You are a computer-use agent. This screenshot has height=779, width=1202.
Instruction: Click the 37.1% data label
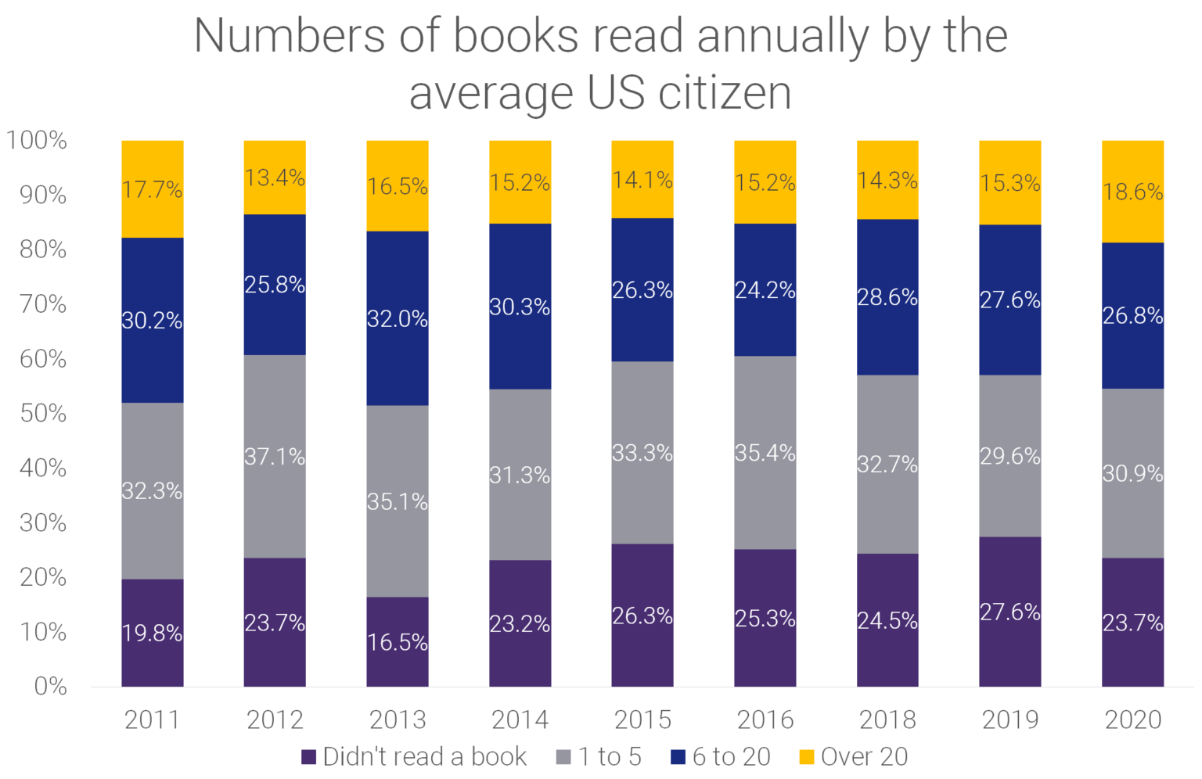[275, 456]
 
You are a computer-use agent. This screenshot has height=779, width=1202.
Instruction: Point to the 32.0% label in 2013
[398, 319]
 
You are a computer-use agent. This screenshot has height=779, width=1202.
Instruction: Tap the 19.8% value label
[153, 633]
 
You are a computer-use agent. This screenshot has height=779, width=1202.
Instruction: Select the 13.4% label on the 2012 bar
[275, 178]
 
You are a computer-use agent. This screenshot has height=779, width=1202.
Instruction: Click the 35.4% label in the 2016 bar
[765, 453]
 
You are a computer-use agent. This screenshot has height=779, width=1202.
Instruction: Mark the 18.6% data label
[1132, 192]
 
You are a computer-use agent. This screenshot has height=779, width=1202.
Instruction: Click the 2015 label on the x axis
[642, 720]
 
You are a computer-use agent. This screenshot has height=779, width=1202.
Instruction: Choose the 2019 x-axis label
[1009, 720]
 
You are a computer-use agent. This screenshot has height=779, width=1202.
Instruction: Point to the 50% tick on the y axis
[43, 413]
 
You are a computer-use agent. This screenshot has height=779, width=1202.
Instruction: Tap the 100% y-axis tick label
[37, 140]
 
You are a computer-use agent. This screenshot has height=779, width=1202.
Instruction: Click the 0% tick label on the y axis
[50, 686]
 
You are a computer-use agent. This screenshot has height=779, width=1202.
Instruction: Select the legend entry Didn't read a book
[414, 757]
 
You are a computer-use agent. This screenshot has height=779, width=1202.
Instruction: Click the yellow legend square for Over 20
[806, 757]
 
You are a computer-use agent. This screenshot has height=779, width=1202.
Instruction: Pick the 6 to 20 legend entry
[721, 757]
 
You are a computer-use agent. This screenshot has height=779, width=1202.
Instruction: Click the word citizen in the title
[725, 93]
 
